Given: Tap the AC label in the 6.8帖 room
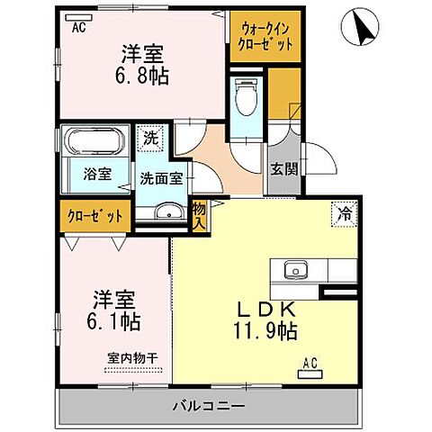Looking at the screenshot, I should pyautogui.click(x=79, y=26).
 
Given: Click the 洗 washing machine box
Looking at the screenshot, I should pyautogui.click(x=150, y=139).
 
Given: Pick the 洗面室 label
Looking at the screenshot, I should pyautogui.click(x=161, y=177).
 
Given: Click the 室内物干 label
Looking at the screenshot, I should pyautogui.click(x=132, y=357).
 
